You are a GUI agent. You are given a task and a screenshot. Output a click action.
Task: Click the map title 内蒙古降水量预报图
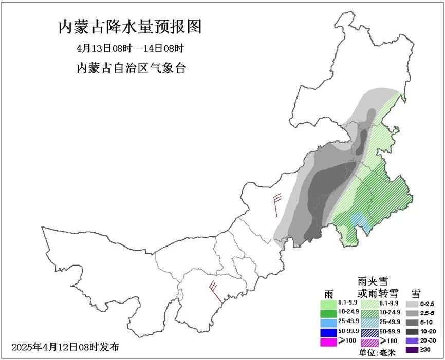(x=129, y=26)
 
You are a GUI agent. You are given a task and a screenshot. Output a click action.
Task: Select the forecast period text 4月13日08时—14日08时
(x=129, y=49)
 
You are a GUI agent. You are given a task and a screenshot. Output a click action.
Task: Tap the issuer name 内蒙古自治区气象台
(x=131, y=68)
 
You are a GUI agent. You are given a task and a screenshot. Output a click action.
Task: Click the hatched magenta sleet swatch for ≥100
(x=369, y=342)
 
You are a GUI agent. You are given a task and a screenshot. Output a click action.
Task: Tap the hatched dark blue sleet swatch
(x=369, y=332)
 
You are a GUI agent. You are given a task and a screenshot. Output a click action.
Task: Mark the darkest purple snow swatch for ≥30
(x=413, y=350)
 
